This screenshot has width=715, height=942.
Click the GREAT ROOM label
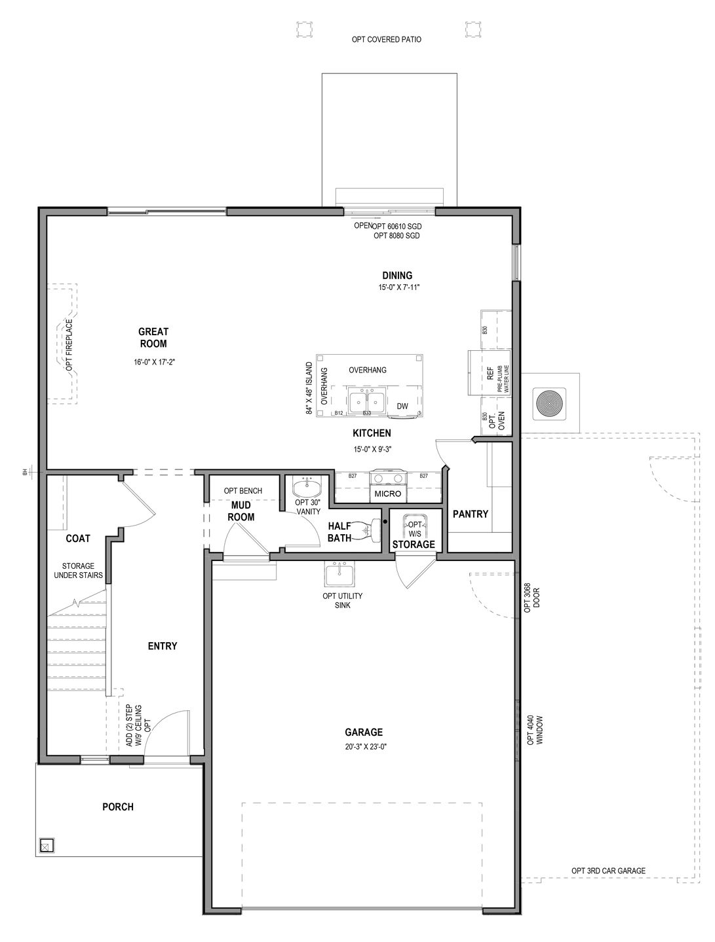coord(153,338)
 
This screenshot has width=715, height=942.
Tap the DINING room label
coord(397,276)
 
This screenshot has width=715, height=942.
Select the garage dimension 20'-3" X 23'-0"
coord(364,746)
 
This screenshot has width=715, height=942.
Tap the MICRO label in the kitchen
coord(387,494)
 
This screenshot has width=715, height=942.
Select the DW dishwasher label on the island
coord(402,406)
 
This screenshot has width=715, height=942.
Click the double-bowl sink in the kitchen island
coord(366,400)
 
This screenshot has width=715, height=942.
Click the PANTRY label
coord(471,514)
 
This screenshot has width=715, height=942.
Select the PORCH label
coord(118,806)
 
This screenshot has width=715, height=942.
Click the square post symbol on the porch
coord(47,845)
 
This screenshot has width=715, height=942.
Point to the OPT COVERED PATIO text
coord(387,40)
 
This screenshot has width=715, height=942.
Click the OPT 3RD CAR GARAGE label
coord(608,871)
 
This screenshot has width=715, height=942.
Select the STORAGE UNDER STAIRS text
coord(83,570)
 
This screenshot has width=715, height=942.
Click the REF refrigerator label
coord(490,374)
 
